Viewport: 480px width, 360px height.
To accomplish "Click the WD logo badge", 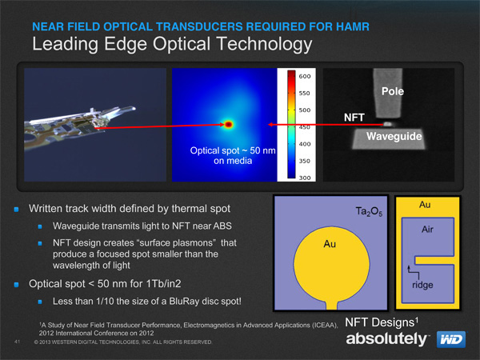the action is (451, 339).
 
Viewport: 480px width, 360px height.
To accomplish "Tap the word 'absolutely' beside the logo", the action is (386, 338).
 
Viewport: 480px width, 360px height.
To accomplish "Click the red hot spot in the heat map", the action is (229, 124).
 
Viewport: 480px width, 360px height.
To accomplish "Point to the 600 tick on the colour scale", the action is (304, 76).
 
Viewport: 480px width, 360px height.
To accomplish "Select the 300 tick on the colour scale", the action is (304, 178).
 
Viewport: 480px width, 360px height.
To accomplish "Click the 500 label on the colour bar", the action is (304, 110).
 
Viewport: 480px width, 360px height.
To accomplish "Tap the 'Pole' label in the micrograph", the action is (393, 91).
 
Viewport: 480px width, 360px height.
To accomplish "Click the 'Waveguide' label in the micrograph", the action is (394, 136).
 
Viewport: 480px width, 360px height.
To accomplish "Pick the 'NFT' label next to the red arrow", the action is (354, 118).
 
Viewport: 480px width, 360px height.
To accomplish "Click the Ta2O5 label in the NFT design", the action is (369, 211).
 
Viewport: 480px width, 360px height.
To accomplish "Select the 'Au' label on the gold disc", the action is (330, 244).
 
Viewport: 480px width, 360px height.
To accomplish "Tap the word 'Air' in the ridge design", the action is (427, 230).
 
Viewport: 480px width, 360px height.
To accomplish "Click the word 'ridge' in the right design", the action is (422, 285).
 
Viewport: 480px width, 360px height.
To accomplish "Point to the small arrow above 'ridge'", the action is (414, 271).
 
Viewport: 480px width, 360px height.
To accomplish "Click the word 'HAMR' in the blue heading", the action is (353, 27).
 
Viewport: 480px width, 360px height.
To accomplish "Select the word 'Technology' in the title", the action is (265, 44).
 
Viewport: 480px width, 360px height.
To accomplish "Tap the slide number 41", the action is (17, 342).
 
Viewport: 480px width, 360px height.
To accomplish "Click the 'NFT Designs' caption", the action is (382, 322).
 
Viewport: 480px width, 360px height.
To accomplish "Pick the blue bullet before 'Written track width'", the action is (17, 209).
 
